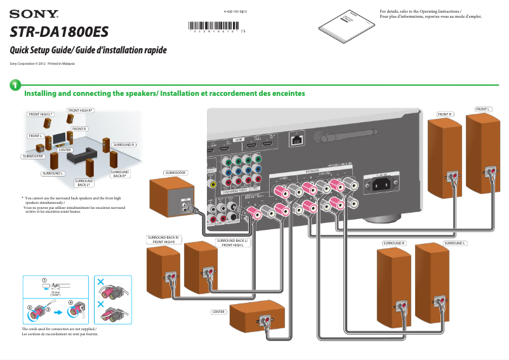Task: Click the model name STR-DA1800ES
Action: tap(60, 32)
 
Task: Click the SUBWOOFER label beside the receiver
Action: tap(175, 173)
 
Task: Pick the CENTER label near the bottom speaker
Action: tap(219, 312)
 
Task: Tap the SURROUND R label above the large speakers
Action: tap(393, 243)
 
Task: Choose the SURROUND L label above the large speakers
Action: tap(454, 243)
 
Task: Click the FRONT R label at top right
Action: tap(444, 114)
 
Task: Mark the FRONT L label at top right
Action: tap(484, 109)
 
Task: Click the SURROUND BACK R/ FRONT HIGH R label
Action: tap(164, 239)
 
